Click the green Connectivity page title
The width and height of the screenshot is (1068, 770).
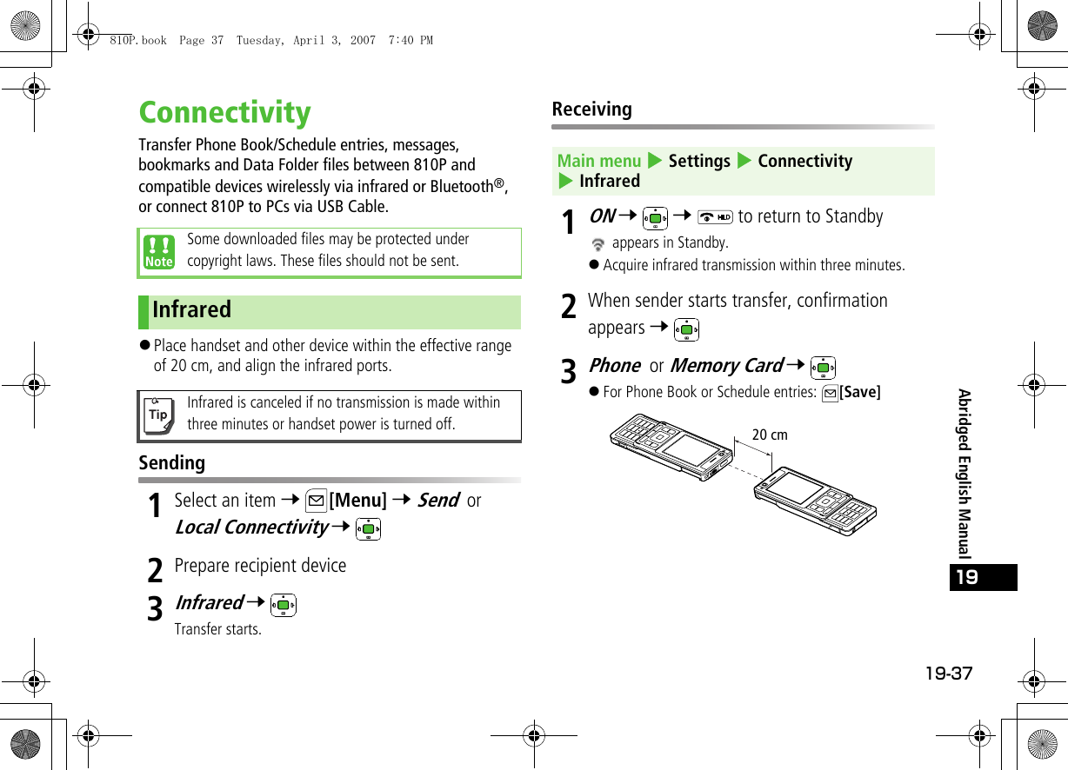pos(224,113)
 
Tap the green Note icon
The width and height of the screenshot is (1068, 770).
pos(159,252)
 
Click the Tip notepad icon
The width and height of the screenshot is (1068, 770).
pos(158,415)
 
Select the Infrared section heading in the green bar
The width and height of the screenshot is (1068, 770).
pos(192,310)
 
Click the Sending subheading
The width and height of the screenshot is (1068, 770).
pos(172,463)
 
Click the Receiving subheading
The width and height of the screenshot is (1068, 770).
pos(591,110)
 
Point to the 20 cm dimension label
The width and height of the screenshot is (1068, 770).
pos(769,435)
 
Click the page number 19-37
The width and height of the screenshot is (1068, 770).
pos(949,674)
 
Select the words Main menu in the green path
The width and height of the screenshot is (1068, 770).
pos(598,161)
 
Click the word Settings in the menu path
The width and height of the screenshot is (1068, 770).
pos(699,161)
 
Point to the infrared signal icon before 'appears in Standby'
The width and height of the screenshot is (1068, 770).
pos(597,245)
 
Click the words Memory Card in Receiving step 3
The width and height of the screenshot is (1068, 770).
pos(725,366)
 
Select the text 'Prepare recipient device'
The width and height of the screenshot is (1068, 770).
pos(260,566)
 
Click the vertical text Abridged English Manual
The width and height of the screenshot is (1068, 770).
pos(965,474)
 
